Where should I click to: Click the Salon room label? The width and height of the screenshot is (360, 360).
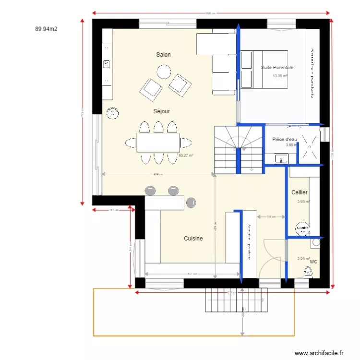[x=163, y=55]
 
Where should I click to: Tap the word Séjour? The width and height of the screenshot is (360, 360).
[x=161, y=111]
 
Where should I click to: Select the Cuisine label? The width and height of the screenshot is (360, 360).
[x=193, y=238]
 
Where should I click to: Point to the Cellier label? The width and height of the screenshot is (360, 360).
[x=300, y=192]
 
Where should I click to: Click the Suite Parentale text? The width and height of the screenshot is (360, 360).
[x=277, y=68]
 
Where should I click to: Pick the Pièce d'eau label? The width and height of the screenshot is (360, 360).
[x=285, y=139]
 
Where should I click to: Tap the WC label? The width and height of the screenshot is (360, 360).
[x=313, y=262]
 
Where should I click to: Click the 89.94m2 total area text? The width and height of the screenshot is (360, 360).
[x=46, y=29]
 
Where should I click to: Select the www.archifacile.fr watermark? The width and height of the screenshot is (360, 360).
[x=319, y=353]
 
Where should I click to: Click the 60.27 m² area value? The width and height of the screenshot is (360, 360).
[x=185, y=155]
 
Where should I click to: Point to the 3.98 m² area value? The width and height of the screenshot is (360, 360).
[x=303, y=202]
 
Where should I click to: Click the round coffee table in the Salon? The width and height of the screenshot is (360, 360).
[x=164, y=72]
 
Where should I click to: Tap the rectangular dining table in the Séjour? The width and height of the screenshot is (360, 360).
[x=158, y=143]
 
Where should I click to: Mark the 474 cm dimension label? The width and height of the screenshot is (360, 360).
[x=157, y=174]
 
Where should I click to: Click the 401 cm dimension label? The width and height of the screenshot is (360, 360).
[x=192, y=274]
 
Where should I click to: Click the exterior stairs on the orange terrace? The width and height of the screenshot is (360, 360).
[x=236, y=300]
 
